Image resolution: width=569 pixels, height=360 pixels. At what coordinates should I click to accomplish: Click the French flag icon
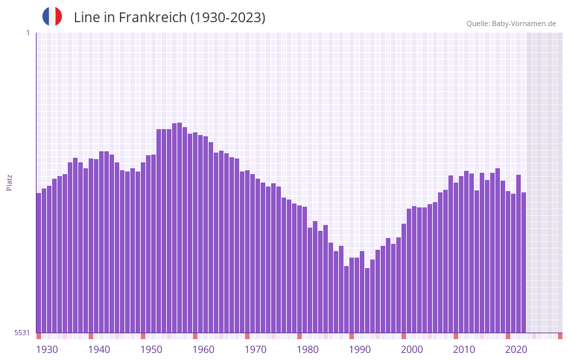pyautogui.click(x=52, y=16)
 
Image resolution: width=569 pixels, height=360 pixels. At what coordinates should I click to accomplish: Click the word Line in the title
pyautogui.click(x=87, y=18)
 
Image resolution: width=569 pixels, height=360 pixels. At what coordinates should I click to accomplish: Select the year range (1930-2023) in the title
pyautogui.click(x=227, y=18)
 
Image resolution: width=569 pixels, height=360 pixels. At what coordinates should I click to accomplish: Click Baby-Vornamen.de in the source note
pyautogui.click(x=524, y=23)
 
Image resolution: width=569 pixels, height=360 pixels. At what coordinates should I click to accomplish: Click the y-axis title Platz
pyautogui.click(x=9, y=182)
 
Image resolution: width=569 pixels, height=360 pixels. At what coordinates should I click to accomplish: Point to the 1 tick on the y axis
pyautogui.click(x=27, y=33)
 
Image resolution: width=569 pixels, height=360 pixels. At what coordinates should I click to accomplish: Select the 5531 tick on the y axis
pyautogui.click(x=22, y=333)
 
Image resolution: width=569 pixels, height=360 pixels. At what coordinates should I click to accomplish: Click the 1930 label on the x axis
pyautogui.click(x=47, y=350)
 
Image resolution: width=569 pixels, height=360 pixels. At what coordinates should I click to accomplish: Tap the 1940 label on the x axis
pyautogui.click(x=99, y=350)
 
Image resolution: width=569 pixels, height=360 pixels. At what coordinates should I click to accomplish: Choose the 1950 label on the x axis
pyautogui.click(x=151, y=350)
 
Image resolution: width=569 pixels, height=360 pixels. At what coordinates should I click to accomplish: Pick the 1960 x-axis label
pyautogui.click(x=203, y=350)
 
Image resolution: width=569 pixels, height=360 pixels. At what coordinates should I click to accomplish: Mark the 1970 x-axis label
pyautogui.click(x=255, y=350)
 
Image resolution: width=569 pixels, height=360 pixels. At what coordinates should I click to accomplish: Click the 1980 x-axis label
pyautogui.click(x=308, y=350)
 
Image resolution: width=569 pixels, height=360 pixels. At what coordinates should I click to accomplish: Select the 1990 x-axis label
pyautogui.click(x=360, y=350)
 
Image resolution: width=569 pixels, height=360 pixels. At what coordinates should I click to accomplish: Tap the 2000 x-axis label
pyautogui.click(x=412, y=350)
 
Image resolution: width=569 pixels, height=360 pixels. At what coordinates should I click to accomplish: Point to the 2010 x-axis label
pyautogui.click(x=464, y=350)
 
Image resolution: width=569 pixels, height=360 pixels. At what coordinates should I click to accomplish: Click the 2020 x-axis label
pyautogui.click(x=516, y=350)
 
